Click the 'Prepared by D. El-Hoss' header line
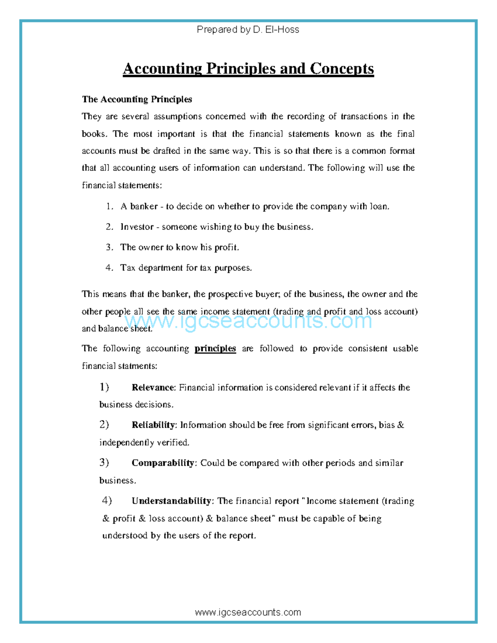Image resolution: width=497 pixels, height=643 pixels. pyautogui.click(x=248, y=29)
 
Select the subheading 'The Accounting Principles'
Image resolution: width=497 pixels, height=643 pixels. pyautogui.click(x=137, y=99)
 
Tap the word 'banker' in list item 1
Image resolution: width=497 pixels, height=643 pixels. pyautogui.click(x=144, y=206)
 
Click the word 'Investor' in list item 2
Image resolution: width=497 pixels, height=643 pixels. pyautogui.click(x=137, y=227)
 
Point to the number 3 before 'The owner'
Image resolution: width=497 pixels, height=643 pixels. pyautogui.click(x=109, y=247)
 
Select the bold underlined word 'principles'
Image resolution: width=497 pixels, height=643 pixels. pyautogui.click(x=215, y=349)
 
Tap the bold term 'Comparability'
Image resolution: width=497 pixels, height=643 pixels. pyautogui.click(x=163, y=463)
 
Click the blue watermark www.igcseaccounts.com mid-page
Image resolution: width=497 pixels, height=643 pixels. pyautogui.click(x=248, y=321)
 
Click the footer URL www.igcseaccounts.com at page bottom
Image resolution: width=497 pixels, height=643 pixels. pyautogui.click(x=248, y=612)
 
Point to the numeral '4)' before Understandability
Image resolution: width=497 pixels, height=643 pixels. pyautogui.click(x=107, y=501)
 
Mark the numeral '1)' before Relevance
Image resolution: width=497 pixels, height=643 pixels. pyautogui.click(x=104, y=387)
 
